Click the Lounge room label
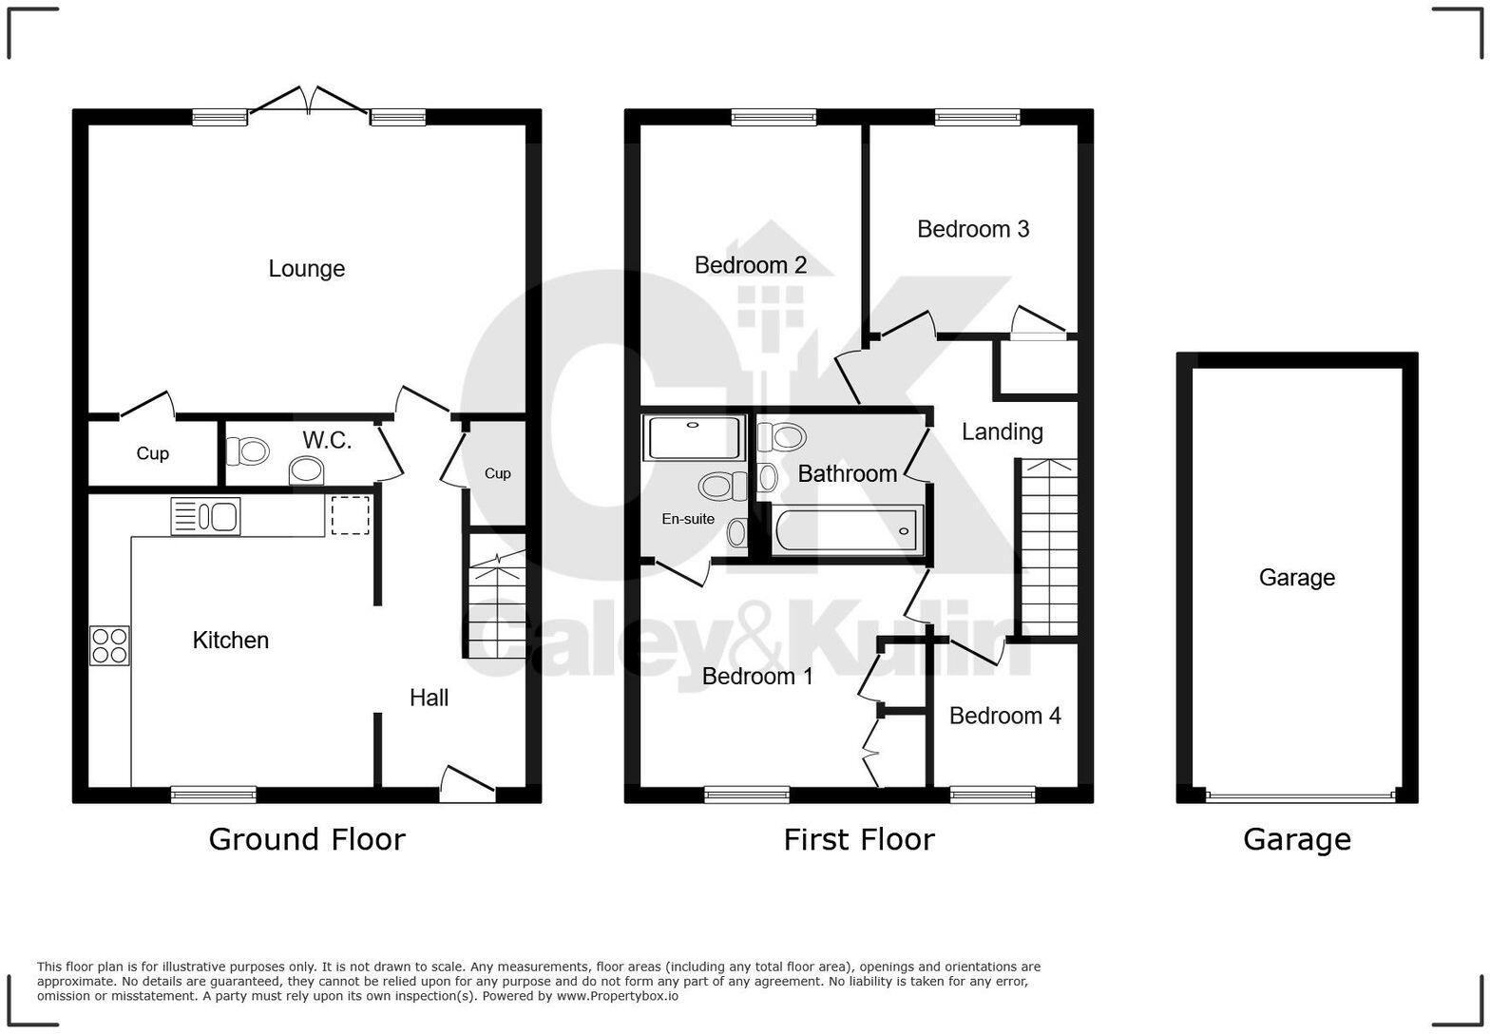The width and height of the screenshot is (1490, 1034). (306, 269)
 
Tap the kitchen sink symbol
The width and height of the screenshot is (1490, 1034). (205, 516)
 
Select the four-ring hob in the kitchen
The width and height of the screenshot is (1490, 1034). (109, 645)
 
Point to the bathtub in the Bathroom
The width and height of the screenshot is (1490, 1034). (848, 529)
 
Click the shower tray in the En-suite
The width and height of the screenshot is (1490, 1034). (694, 437)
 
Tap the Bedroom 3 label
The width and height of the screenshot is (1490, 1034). (972, 229)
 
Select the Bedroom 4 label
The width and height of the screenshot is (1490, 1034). (1004, 716)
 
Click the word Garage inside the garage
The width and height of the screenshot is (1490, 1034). (1296, 578)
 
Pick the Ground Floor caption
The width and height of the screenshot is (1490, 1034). (306, 839)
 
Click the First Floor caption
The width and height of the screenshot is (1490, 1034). (858, 839)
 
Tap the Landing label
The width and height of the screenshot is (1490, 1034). (1002, 431)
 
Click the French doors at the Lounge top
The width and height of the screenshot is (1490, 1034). (309, 103)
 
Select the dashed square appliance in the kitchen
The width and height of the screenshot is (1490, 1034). (350, 515)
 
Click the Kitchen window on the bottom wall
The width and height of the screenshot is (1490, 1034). (214, 794)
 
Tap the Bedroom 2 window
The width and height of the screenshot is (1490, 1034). (774, 117)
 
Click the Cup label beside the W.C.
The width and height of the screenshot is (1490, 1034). (152, 453)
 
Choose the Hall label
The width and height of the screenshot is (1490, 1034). (429, 698)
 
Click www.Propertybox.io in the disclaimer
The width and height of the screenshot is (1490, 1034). (617, 996)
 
